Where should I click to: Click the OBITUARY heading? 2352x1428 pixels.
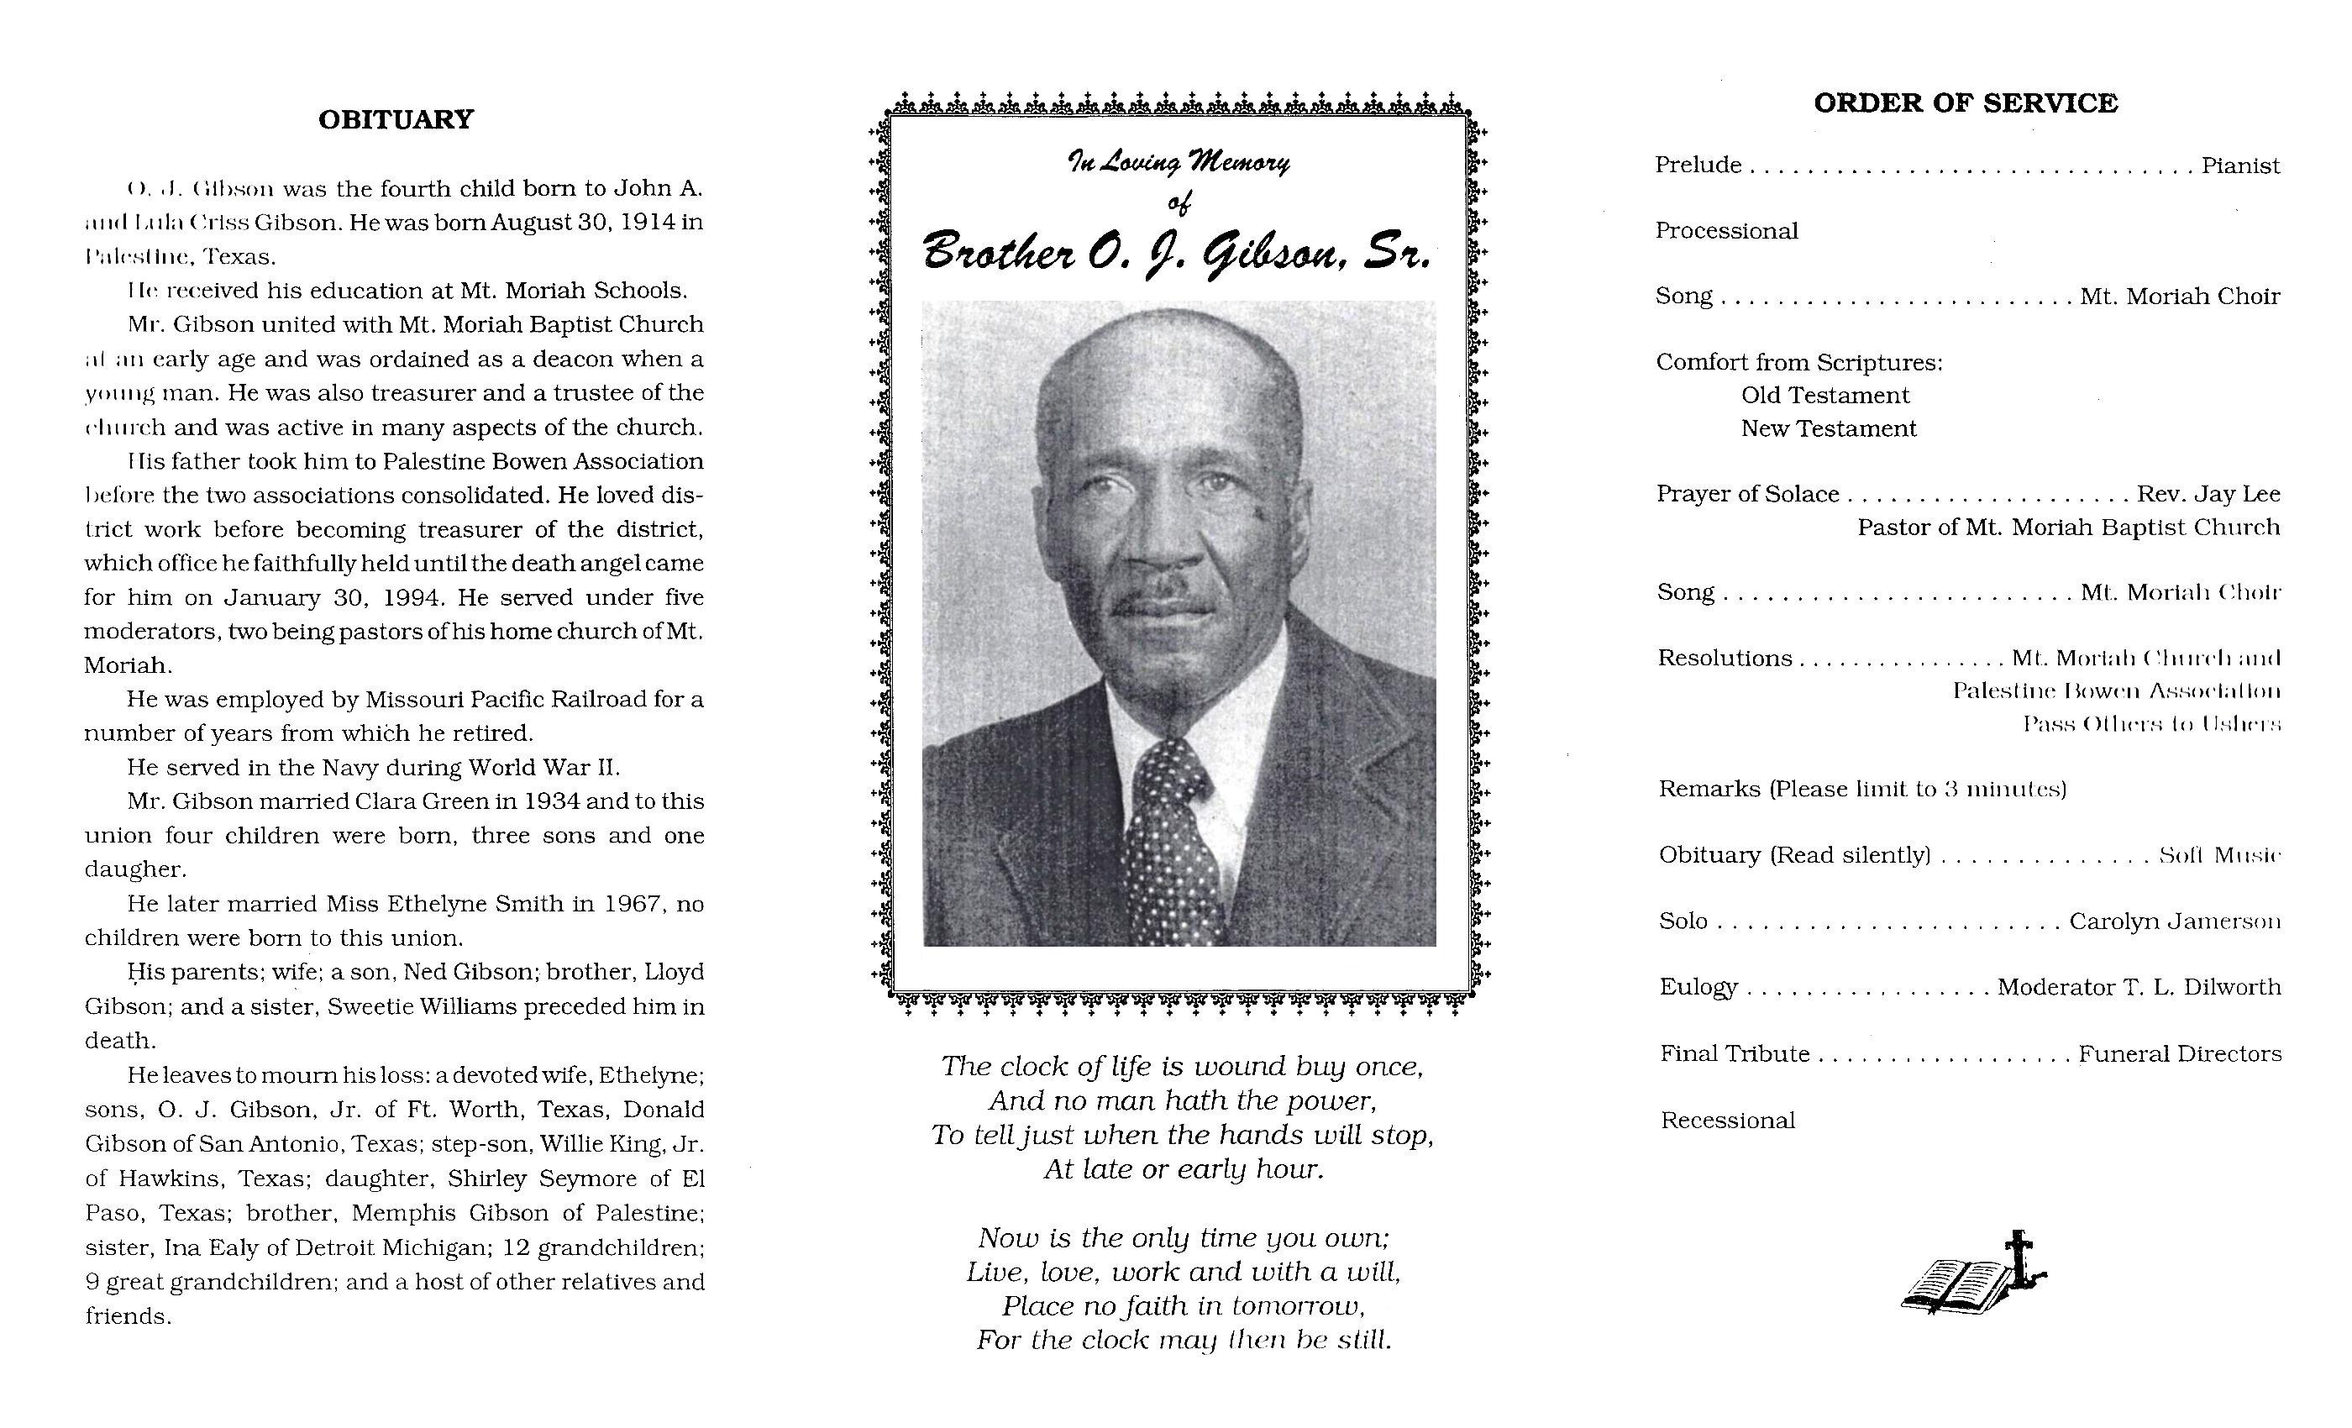(x=395, y=120)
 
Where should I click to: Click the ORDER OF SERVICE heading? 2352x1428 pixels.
(x=1966, y=104)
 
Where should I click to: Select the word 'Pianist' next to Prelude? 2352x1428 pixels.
(x=2240, y=166)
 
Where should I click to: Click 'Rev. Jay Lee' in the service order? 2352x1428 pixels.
(x=2208, y=495)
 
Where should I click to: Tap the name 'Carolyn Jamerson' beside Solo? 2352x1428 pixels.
(x=2175, y=922)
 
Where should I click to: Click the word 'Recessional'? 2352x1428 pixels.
(x=1728, y=1121)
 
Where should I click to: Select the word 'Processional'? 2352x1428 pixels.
(x=1726, y=231)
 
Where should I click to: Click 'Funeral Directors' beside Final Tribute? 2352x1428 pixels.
(x=2180, y=1055)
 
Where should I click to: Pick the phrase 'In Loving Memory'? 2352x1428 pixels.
(x=1178, y=163)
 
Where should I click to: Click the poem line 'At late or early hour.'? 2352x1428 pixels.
(x=1184, y=1169)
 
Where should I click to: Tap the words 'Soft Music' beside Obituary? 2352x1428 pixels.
(x=2219, y=856)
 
